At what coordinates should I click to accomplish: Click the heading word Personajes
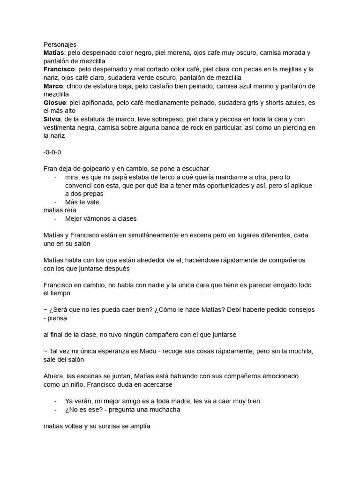point(60,44)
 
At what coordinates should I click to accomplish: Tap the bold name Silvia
point(52,119)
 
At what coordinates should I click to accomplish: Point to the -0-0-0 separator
point(52,152)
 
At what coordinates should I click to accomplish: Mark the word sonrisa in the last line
point(111,427)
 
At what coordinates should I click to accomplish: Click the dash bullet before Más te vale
point(56,202)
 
